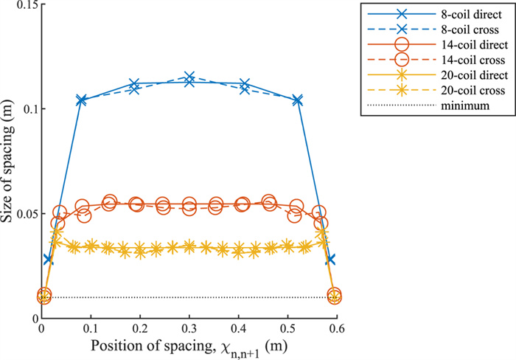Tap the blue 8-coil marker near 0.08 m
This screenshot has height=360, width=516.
click(81, 100)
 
